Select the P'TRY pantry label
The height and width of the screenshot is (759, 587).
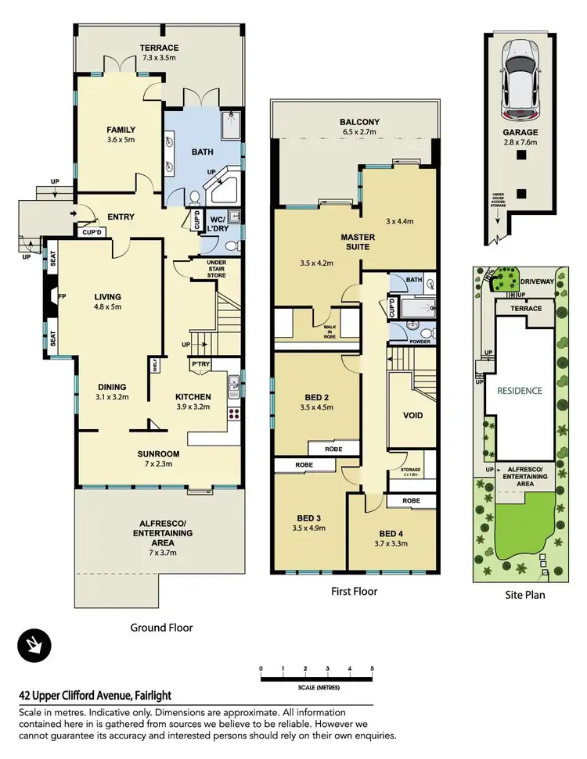[x=200, y=364]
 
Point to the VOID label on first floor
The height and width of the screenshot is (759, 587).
[x=412, y=415]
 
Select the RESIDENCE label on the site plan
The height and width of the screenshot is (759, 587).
[x=520, y=390]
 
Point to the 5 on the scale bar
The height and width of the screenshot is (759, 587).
[x=372, y=669]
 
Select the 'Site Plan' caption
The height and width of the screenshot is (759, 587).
[x=524, y=595]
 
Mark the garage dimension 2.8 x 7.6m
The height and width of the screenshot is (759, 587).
[x=520, y=143]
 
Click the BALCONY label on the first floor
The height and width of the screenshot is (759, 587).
[x=359, y=122]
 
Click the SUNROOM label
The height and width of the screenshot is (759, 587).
[x=159, y=453]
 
